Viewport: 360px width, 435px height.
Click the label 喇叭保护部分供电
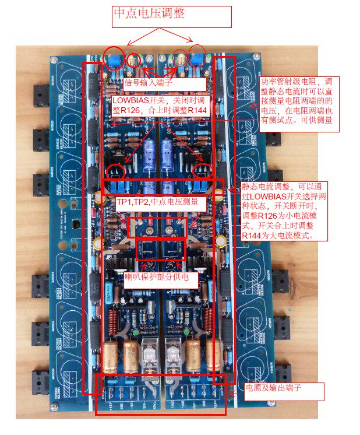161,278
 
